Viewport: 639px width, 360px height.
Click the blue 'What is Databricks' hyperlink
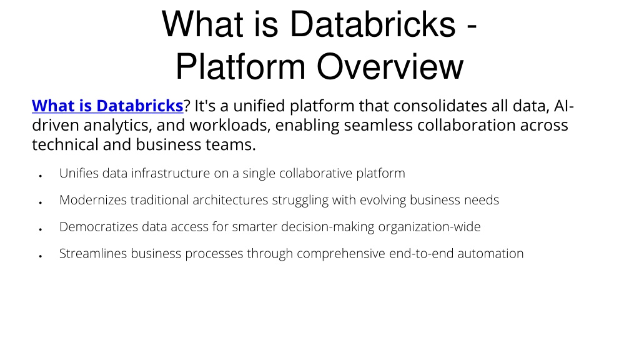pyautogui.click(x=107, y=106)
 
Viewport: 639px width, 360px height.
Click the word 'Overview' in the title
pyautogui.click(x=390, y=67)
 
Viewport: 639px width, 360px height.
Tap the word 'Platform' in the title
pyautogui.click(x=240, y=67)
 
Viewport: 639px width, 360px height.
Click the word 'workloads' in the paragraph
pyautogui.click(x=230, y=125)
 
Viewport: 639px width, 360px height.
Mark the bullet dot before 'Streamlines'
pyautogui.click(x=41, y=256)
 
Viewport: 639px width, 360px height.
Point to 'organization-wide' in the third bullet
pyautogui.click(x=430, y=227)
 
